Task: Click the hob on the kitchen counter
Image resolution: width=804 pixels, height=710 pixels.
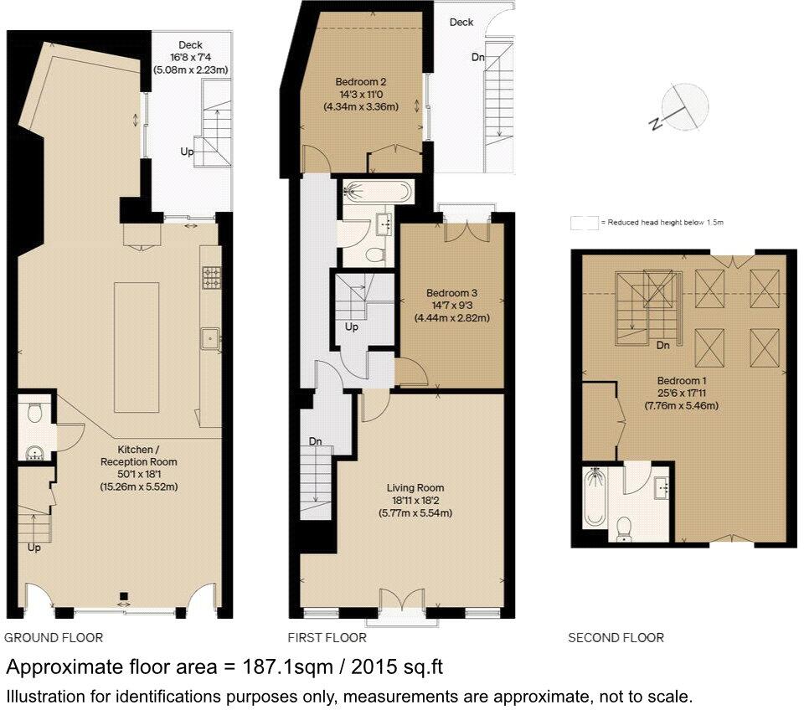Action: click(x=212, y=278)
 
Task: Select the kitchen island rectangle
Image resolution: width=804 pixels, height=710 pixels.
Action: click(x=137, y=347)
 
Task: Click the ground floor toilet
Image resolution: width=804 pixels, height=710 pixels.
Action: click(x=34, y=412)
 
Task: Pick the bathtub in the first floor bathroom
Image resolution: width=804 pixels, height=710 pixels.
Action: click(x=378, y=193)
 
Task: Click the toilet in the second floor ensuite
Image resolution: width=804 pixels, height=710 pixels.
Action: click(x=623, y=528)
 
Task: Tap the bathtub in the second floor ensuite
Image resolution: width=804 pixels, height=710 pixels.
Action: click(x=595, y=497)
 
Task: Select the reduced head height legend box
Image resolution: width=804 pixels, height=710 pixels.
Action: click(x=585, y=223)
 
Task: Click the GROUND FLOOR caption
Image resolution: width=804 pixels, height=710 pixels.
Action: click(x=54, y=638)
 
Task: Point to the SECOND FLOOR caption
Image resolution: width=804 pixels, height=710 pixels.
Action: click(x=616, y=638)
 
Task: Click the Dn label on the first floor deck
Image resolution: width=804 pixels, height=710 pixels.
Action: click(x=478, y=58)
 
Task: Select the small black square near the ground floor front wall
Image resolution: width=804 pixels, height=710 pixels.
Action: click(x=124, y=596)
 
